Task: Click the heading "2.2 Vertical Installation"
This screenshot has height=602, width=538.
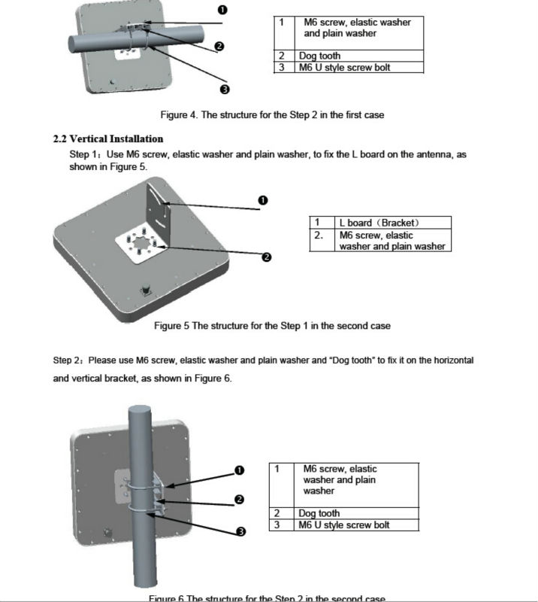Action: pos(108,139)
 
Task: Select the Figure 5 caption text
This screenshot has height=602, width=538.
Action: pos(272,326)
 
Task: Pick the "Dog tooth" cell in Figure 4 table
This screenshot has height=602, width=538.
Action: pos(322,56)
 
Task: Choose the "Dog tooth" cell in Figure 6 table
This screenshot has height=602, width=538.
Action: pos(319,513)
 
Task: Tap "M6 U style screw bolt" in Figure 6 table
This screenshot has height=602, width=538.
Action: pos(343,524)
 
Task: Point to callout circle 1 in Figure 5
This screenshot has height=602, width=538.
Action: pos(263,200)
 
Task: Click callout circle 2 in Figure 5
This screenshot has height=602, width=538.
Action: pos(266,257)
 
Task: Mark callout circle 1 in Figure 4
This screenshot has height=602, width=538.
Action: pos(222,10)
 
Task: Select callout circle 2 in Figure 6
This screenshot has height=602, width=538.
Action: pos(239,500)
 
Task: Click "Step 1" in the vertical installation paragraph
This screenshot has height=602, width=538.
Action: pos(80,154)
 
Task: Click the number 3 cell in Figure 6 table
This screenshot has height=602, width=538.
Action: pos(277,524)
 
